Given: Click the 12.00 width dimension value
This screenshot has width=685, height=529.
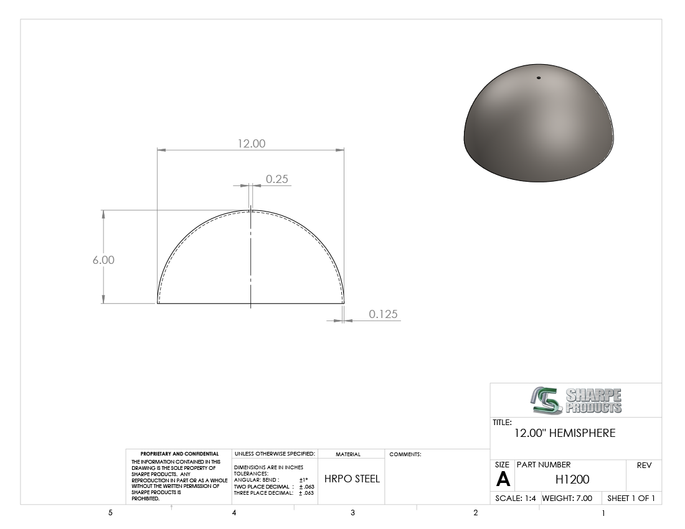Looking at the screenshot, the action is click(x=251, y=144).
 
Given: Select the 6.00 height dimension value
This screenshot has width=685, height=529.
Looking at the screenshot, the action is click(x=103, y=260).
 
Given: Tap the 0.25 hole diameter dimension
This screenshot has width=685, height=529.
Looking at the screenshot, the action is click(x=277, y=179).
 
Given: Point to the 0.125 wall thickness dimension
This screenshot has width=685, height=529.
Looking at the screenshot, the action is click(x=383, y=314).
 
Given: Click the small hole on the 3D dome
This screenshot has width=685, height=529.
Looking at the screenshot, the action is click(x=539, y=78).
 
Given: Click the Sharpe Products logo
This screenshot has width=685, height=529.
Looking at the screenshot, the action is click(x=576, y=400).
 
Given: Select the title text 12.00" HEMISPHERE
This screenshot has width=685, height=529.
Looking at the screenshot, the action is click(x=565, y=433).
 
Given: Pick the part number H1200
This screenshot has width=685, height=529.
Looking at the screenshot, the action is click(x=572, y=479).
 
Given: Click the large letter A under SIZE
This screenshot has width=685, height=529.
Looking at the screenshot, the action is click(x=503, y=479).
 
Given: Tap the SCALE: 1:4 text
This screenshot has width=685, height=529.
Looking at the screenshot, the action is click(x=516, y=498).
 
